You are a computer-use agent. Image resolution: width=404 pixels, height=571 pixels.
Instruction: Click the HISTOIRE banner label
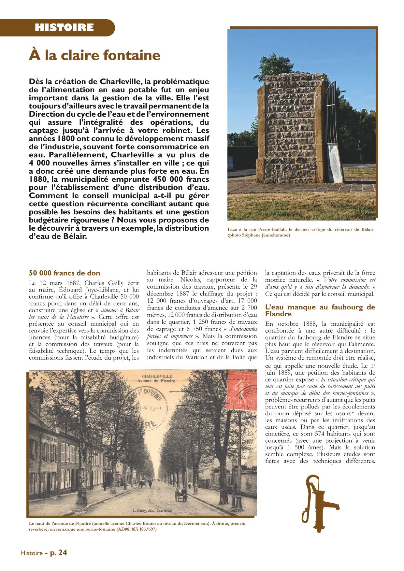coord(64,28)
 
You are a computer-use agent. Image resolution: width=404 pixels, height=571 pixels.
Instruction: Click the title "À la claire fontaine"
coord(94,55)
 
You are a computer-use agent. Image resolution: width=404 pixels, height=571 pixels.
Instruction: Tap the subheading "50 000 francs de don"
coord(65,273)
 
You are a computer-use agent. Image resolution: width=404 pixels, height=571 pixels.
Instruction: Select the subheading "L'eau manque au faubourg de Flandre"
coord(320,310)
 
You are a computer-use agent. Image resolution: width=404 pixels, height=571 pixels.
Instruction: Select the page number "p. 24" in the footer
coord(58,553)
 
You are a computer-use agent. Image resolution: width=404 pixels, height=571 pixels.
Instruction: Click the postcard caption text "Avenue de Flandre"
coord(156,381)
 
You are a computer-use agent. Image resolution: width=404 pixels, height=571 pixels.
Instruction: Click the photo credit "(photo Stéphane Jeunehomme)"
coord(259,235)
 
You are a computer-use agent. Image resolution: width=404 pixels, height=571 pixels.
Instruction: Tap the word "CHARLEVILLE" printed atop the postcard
coord(157,376)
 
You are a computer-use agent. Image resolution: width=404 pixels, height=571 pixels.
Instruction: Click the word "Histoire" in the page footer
coord(31,553)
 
